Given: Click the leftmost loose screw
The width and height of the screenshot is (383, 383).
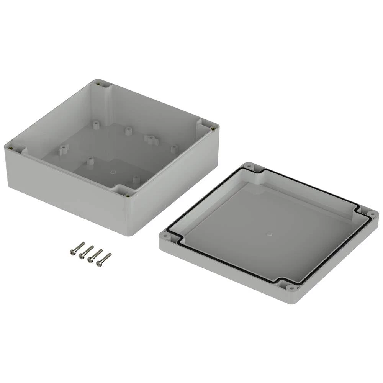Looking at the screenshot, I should [77, 248].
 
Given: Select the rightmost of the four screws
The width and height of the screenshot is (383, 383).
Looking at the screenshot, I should [104, 259].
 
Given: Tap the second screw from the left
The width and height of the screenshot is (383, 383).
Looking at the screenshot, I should [86, 252].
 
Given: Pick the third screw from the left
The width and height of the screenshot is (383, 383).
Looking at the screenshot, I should [95, 255].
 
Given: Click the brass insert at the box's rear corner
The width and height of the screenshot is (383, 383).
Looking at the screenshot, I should [100, 84].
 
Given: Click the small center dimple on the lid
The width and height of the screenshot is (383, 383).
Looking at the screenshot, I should [269, 233].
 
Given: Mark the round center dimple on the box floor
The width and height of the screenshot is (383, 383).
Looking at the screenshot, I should [113, 172].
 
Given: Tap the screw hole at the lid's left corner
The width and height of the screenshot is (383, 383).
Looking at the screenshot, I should [166, 236].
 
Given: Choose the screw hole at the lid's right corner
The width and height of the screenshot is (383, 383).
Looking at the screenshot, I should [371, 213].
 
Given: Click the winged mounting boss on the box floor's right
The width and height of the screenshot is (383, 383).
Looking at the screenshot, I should [151, 138].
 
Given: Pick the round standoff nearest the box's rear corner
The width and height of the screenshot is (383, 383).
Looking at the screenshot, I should [96, 124].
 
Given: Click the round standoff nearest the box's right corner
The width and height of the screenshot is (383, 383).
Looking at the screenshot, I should [174, 148].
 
